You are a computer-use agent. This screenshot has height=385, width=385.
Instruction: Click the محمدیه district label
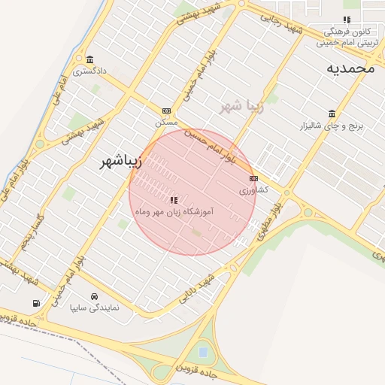point(350,68)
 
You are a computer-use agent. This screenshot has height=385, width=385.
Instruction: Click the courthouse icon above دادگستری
point(90,60)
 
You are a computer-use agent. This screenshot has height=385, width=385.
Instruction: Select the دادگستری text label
point(89,71)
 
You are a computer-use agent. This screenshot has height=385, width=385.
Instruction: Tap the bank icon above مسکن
point(166,111)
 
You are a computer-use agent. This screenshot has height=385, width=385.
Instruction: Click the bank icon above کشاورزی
point(253,179)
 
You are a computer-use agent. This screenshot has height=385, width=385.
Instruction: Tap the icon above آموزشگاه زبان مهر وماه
point(174,200)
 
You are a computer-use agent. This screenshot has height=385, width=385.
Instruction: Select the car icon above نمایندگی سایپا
point(93,296)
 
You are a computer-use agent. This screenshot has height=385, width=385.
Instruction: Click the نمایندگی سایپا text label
point(94,308)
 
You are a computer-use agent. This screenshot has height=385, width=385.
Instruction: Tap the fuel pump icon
point(36,303)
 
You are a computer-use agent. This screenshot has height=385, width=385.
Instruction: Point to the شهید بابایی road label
point(197,290)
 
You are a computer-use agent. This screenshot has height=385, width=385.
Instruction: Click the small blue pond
point(202,350)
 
